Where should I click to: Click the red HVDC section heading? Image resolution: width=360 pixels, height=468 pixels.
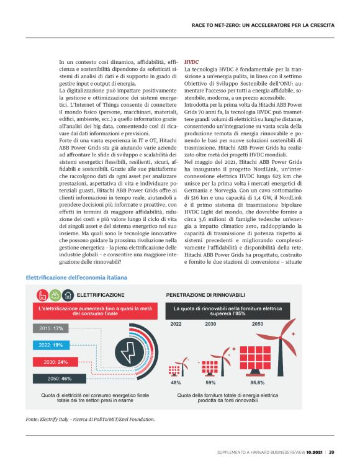[192, 62]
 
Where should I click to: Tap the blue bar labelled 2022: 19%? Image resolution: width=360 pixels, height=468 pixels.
[52, 345]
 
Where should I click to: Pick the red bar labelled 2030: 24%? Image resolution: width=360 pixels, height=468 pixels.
[56, 362]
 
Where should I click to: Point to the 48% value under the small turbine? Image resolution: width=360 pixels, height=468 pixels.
[176, 383]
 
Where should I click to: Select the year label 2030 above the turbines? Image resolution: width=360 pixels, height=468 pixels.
[211, 323]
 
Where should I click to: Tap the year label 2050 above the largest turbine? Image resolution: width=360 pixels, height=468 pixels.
[256, 323]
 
